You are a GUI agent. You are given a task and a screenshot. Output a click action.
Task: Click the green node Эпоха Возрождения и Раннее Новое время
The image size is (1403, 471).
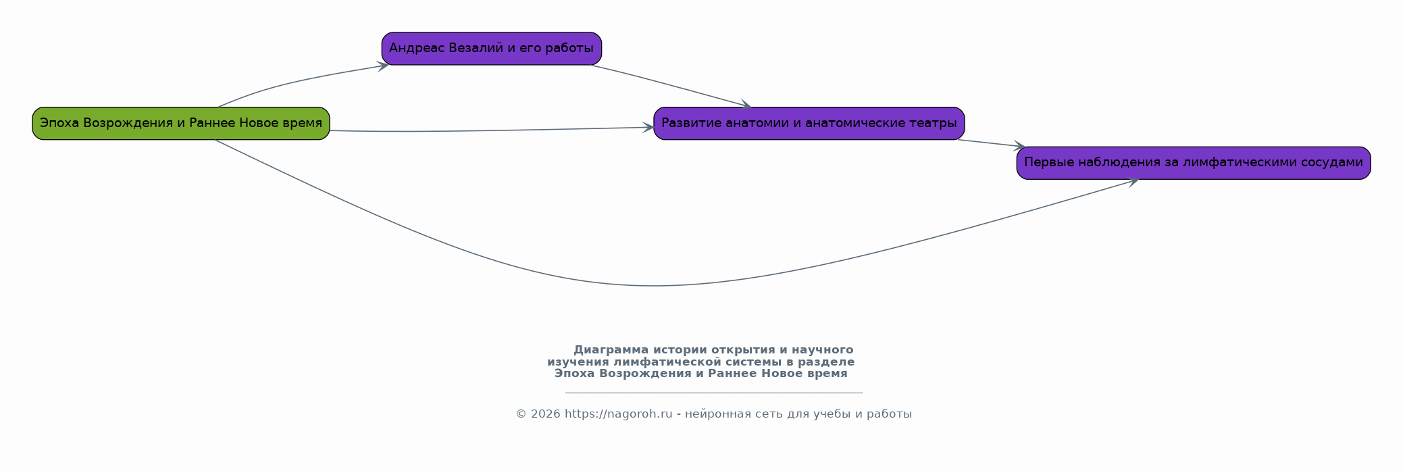[x=181, y=124]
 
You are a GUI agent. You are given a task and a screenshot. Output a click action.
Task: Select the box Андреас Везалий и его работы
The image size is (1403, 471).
[x=492, y=49]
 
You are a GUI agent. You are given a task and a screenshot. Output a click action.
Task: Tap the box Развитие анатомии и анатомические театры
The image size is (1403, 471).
[x=809, y=124]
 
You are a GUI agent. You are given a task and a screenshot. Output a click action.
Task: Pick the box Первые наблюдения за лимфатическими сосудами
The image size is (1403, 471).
[x=1194, y=163]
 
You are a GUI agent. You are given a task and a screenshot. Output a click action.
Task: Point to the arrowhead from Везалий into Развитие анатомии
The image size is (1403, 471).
[x=746, y=105]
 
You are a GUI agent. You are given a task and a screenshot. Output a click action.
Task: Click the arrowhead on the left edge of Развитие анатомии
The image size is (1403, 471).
[x=648, y=127]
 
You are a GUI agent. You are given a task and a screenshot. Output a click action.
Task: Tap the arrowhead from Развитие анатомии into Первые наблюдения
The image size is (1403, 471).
[x=1020, y=146]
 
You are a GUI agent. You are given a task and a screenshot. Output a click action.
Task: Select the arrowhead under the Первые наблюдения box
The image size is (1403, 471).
[x=1133, y=180]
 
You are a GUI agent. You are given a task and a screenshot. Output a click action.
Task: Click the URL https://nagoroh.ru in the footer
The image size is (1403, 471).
[x=619, y=414]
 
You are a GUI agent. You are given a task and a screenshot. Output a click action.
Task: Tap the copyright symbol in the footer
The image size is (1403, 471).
[x=521, y=414]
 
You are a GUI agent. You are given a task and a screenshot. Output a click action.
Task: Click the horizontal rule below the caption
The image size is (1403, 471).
[x=714, y=393]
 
